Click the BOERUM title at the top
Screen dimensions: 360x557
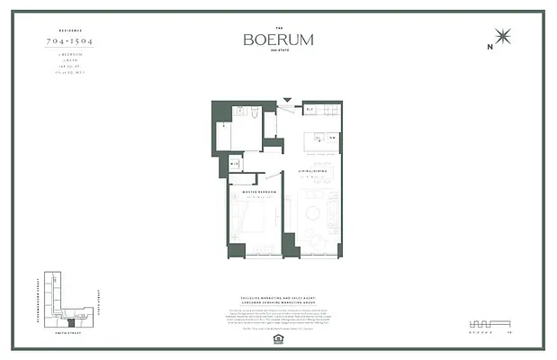point(278,39)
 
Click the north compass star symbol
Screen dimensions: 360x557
point(503,37)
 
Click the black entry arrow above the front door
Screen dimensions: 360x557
point(287,102)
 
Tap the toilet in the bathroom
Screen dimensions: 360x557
point(256,113)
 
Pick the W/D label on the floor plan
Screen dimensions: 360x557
point(234,164)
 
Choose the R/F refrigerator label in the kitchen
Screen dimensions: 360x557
point(309,111)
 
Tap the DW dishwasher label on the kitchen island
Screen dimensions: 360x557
point(331,139)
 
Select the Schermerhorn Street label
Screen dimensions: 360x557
point(33,296)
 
